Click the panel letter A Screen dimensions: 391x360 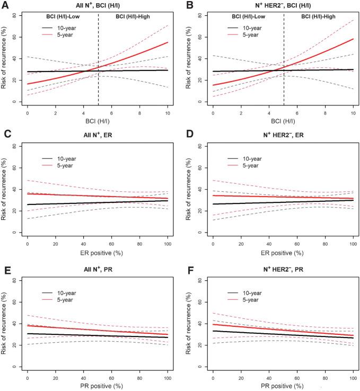(4, 5)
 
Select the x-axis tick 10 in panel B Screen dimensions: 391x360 (354, 113)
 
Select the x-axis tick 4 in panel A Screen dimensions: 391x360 (83, 113)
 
